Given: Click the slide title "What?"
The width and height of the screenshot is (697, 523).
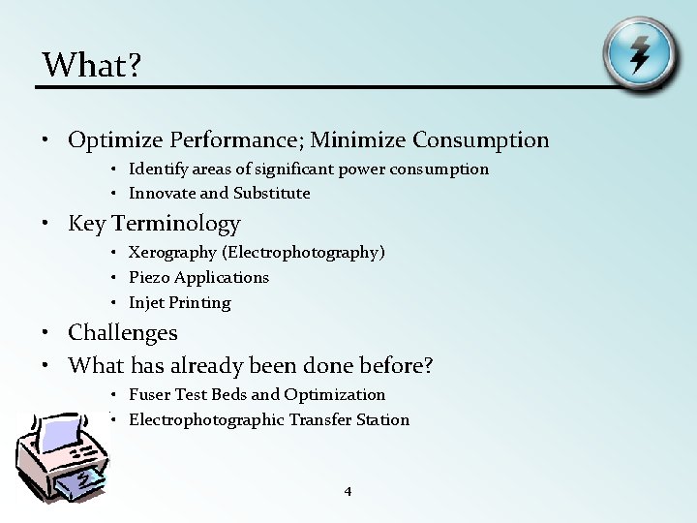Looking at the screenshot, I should pos(91,65).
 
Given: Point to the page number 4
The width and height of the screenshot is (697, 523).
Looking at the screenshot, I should pos(348,492).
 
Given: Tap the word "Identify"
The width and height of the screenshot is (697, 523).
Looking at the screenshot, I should pos(157,169).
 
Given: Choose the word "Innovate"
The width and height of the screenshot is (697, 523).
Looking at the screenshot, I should pos(161,193).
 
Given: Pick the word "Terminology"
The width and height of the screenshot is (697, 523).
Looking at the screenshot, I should pos(176,224).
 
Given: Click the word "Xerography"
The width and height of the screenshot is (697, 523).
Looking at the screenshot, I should pos(172,253).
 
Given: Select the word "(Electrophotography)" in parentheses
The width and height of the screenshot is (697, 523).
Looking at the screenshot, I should pos(303,253).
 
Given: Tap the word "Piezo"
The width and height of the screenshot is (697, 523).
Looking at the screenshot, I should pos(148,277).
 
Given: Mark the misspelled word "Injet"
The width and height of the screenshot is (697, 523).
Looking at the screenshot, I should pos(148,302).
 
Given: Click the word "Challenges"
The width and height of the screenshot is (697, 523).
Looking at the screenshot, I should pos(123,333).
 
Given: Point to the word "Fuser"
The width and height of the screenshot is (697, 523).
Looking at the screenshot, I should pos(149,395).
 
